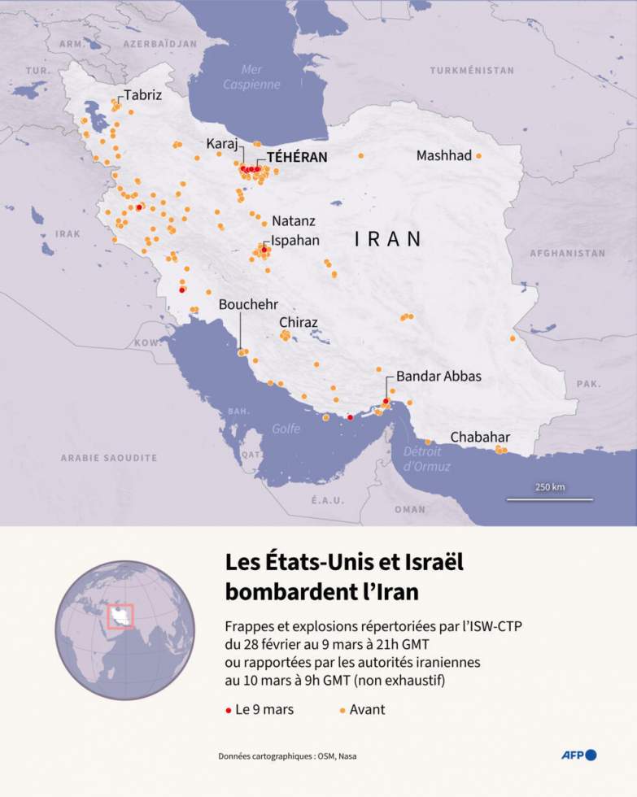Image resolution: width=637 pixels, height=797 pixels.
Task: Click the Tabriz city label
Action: click(142, 95)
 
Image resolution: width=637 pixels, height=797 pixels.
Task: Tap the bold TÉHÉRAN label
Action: click(297, 158)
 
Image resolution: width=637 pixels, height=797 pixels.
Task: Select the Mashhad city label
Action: click(443, 155)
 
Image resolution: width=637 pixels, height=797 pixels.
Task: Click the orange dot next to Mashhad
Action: click(478, 156)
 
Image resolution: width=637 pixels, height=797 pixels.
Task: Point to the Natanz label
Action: click(293, 220)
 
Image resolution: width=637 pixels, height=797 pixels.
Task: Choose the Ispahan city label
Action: click(295, 241)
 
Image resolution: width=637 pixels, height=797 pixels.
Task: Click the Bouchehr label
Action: click(248, 304)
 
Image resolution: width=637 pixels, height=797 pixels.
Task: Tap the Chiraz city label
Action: click(298, 322)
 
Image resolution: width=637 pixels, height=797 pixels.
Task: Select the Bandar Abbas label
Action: click(438, 377)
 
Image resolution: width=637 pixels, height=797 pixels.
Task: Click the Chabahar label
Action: click(480, 437)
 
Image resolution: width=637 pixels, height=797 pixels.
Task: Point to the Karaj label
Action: click(221, 144)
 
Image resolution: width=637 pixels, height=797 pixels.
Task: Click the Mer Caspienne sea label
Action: click(251, 77)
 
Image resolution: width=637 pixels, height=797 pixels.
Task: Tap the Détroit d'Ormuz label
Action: click(422, 459)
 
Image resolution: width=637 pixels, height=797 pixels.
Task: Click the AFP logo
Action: click(578, 755)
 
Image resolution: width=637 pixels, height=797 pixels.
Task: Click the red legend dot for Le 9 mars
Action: click(228, 710)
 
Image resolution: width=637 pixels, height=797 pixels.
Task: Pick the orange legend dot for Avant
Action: click(342, 710)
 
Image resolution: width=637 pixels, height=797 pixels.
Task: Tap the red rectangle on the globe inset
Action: click(120, 616)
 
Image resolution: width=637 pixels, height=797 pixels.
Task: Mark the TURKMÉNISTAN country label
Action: click(472, 71)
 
